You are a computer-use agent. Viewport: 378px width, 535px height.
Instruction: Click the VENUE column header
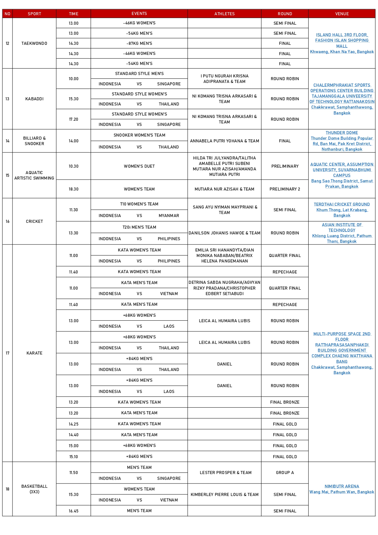(342, 14)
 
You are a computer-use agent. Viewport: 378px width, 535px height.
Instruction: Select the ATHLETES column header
(224, 14)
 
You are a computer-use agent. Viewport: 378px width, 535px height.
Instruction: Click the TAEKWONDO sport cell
(34, 43)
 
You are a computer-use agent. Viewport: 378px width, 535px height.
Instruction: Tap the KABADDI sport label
(34, 99)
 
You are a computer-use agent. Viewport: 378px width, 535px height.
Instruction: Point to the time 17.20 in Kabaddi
(73, 119)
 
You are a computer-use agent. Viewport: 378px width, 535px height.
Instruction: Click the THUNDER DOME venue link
(342, 133)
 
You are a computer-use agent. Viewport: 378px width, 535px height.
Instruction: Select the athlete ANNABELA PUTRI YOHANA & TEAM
(224, 141)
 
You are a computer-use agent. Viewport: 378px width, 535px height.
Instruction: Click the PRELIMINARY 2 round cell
(285, 189)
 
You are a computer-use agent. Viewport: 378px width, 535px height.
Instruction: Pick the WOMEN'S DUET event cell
(139, 166)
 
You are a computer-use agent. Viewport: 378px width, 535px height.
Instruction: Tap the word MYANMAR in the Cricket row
(169, 216)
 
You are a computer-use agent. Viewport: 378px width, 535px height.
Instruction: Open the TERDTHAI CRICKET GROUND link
(342, 204)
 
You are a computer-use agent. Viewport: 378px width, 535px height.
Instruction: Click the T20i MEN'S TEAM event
(139, 227)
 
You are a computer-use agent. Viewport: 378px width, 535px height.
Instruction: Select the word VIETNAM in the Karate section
(169, 294)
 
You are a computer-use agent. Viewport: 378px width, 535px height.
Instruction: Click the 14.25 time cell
(73, 424)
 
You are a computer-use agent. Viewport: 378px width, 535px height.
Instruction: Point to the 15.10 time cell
(73, 457)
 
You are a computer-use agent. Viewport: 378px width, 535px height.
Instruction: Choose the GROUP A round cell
(285, 473)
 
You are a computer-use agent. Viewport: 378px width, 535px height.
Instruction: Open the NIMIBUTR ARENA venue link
(342, 486)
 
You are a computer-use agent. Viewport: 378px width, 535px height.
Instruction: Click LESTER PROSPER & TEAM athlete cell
(225, 473)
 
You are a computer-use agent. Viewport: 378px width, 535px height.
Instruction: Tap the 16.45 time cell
(73, 511)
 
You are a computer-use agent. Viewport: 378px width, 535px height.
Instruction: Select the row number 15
(7, 175)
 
